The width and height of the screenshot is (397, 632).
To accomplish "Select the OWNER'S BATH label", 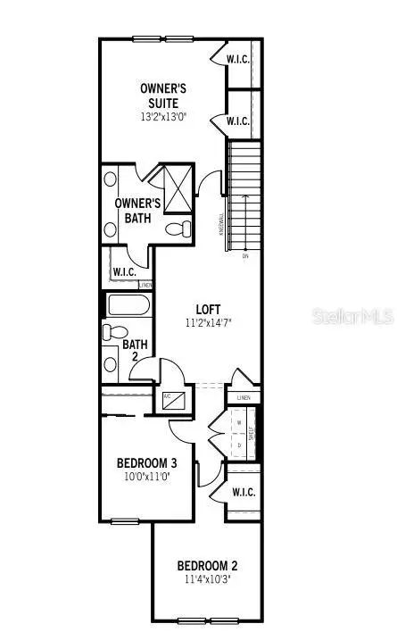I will click(x=138, y=210).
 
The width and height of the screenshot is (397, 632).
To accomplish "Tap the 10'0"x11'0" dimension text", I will click(x=147, y=478).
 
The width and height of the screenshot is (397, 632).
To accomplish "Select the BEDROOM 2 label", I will click(x=207, y=565).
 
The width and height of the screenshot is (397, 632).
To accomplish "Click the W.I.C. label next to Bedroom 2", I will click(x=242, y=492).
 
